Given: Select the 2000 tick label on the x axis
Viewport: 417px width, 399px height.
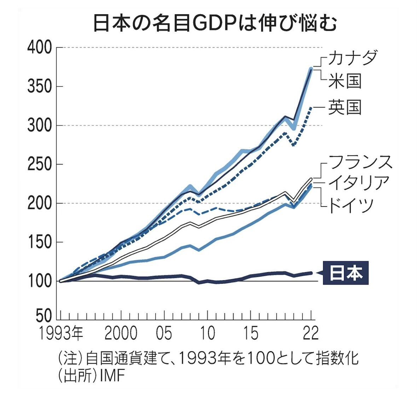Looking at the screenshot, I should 121,334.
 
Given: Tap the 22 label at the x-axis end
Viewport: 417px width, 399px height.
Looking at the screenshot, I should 311,334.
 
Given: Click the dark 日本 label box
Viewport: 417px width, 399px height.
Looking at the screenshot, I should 346,273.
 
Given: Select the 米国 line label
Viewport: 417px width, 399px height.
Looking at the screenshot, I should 344,81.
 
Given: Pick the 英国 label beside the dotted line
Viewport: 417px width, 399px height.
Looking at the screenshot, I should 344,106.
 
